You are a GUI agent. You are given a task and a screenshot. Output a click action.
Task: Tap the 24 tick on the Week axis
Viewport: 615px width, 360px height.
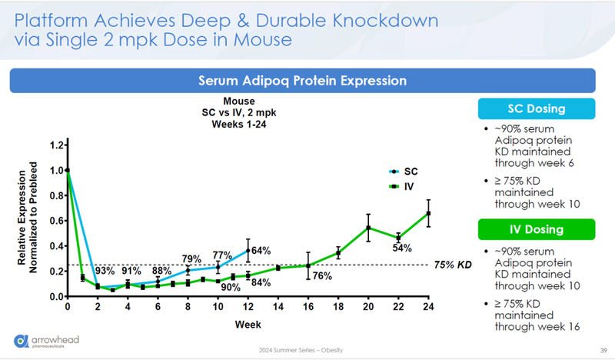[428, 308]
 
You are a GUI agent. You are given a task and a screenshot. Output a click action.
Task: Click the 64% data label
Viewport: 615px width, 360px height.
[261, 251]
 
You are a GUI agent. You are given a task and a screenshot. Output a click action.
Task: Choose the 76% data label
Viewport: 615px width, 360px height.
[322, 276]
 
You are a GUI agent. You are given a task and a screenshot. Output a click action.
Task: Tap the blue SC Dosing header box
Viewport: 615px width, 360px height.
[537, 108]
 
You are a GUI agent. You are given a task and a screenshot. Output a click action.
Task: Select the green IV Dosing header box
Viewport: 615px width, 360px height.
[537, 229]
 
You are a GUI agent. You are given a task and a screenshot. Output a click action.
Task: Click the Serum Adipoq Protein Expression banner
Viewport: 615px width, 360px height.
[303, 80]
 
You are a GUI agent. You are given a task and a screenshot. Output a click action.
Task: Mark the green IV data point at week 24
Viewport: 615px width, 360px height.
[428, 213]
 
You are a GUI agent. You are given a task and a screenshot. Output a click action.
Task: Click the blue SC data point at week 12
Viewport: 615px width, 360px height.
[248, 250]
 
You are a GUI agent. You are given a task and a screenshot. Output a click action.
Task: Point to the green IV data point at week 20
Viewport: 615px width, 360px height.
[368, 228]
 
